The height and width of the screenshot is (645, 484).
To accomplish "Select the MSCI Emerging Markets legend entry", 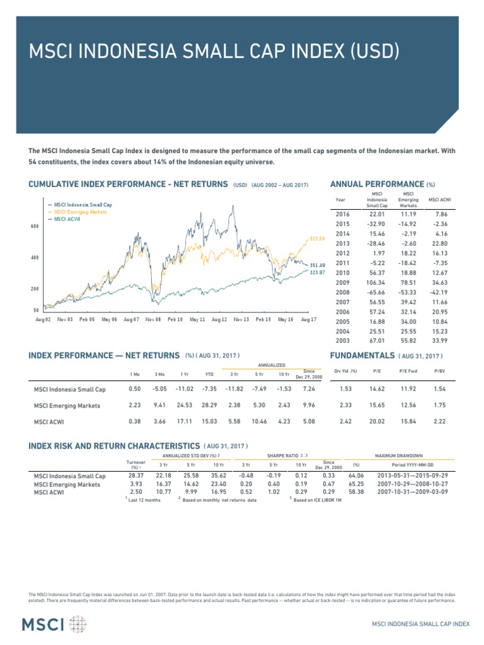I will pos(80,212).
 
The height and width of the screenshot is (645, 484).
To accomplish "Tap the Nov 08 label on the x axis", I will pos(153,319).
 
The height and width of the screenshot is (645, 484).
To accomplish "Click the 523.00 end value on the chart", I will pos(317,239).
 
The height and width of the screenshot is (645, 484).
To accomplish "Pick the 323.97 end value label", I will pos(318,272).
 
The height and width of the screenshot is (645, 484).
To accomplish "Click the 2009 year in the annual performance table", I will pos(341,283).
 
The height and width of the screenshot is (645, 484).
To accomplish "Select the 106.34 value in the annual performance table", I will pos(376,283).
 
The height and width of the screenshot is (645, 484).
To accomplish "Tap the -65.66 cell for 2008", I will pos(376,293).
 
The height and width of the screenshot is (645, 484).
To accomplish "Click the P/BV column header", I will pos(439,370).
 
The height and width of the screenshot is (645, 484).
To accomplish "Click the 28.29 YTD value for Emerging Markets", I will pos(209,406).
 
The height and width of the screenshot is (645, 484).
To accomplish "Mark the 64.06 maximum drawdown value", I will pos(356,475).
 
